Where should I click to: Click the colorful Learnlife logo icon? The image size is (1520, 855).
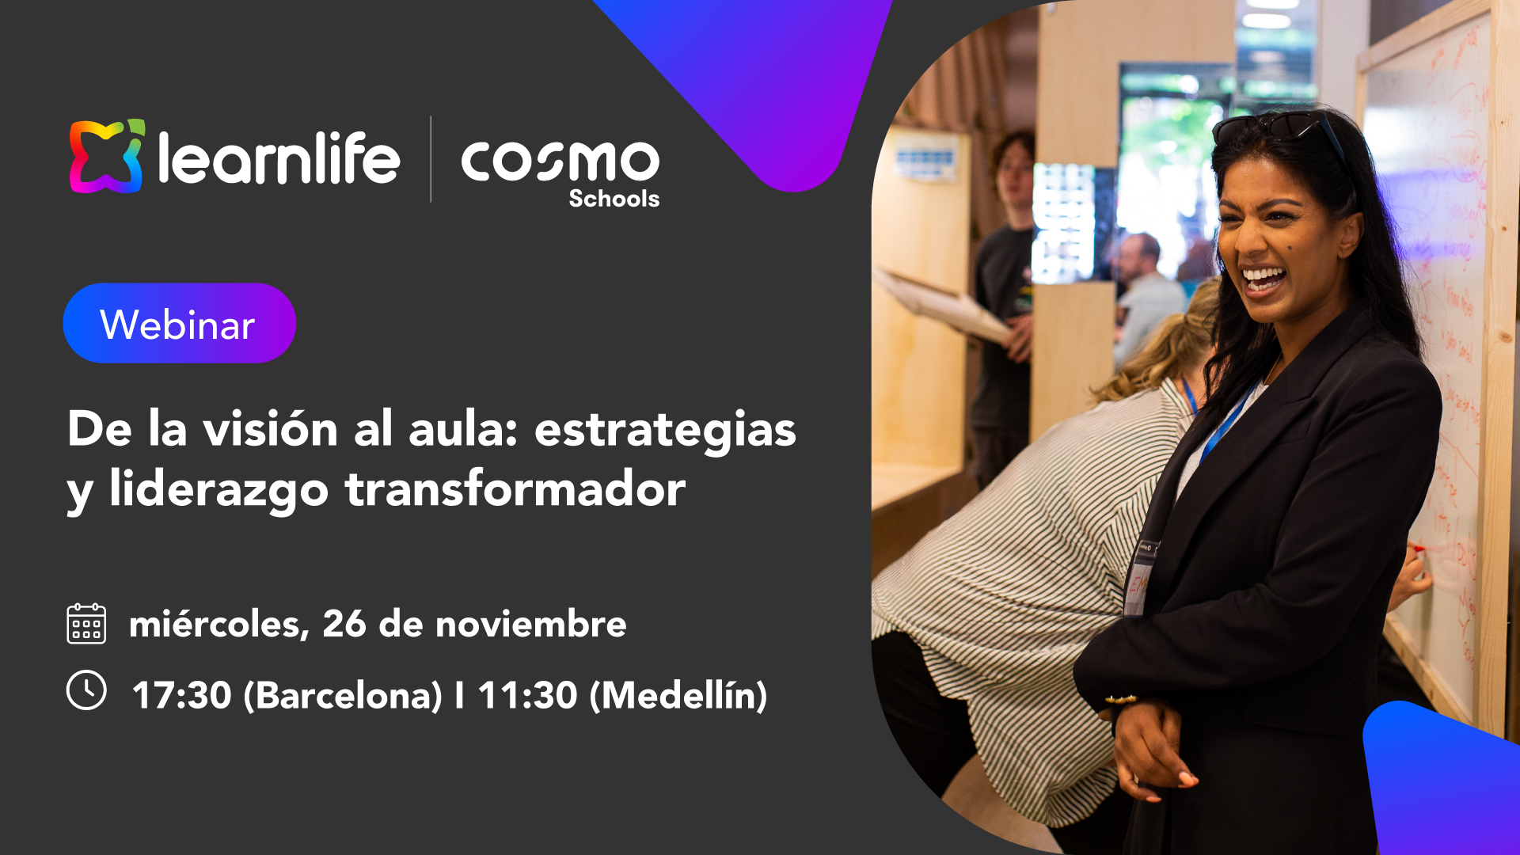click(107, 156)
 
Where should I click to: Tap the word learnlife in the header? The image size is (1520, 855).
click(279, 159)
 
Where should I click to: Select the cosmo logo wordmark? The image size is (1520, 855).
click(560, 161)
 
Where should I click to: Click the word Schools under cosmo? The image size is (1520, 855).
click(614, 199)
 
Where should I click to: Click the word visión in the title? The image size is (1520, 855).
click(271, 430)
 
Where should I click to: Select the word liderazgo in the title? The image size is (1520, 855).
click(218, 490)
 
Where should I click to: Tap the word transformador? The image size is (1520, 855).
click(515, 488)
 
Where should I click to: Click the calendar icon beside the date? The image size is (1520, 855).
click(86, 624)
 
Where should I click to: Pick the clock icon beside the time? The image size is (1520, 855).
click(86, 690)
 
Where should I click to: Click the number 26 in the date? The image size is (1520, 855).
click(344, 624)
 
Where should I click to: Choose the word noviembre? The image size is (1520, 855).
click(530, 624)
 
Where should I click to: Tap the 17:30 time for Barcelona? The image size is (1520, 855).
click(181, 695)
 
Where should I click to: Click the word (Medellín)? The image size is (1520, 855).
click(678, 695)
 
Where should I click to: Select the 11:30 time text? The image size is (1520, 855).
click(527, 695)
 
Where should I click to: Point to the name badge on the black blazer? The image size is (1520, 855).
click(1141, 576)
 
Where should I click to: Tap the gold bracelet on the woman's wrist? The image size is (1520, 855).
click(1121, 700)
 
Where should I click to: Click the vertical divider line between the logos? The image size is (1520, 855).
click(431, 159)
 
